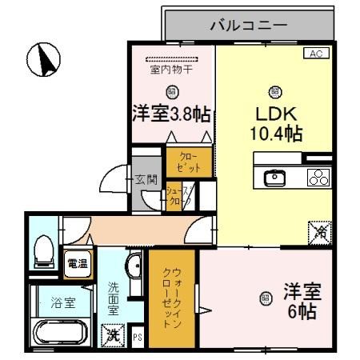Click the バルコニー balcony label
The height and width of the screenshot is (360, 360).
point(248,26)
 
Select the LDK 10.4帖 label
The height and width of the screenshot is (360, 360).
point(274,120)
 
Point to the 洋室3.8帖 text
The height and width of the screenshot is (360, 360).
point(171,114)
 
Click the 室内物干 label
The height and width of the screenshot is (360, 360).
point(171,70)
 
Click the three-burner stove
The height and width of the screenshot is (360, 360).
point(318,178)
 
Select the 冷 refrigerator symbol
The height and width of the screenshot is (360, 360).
point(318,232)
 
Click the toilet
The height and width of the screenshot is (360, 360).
point(44,252)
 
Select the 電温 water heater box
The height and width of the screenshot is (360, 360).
point(78,264)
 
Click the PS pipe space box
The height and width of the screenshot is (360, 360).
point(138,337)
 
